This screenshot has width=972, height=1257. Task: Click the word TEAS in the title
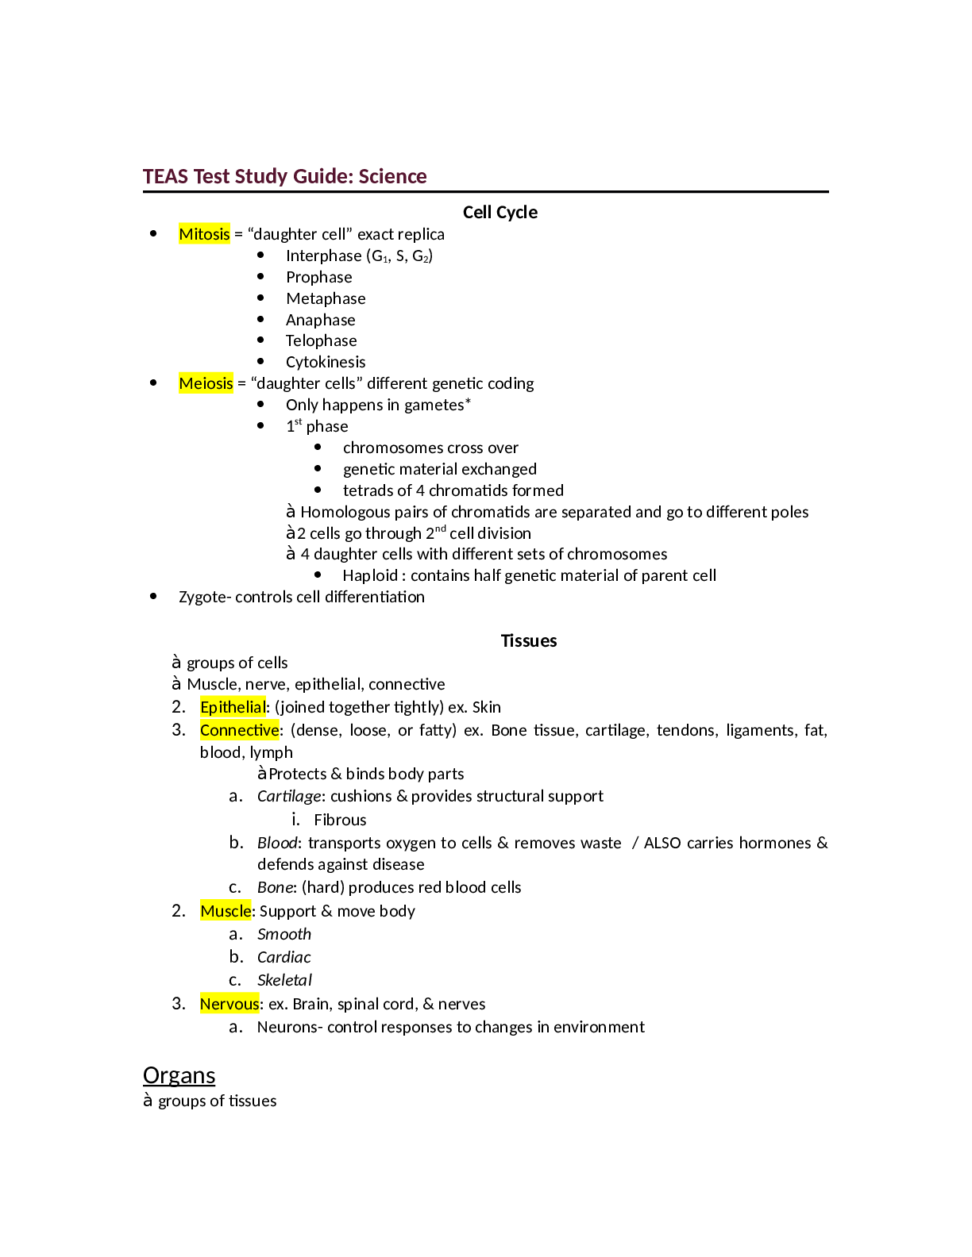click(x=166, y=176)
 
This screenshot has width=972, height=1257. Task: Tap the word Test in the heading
click(x=211, y=176)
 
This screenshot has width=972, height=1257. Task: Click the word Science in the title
click(x=392, y=176)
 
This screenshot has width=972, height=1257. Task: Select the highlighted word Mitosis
click(x=204, y=234)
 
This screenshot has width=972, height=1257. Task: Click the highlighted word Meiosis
click(x=206, y=383)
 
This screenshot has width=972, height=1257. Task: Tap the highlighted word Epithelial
click(x=233, y=707)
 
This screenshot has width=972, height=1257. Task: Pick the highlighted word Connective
click(x=239, y=730)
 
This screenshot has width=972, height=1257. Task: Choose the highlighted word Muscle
click(x=226, y=911)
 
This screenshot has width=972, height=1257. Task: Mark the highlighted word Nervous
click(x=229, y=1004)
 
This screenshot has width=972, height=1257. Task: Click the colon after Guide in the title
click(x=352, y=178)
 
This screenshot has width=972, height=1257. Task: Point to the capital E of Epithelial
click(x=205, y=707)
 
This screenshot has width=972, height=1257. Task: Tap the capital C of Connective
click(x=205, y=730)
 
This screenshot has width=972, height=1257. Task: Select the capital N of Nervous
click(x=206, y=1004)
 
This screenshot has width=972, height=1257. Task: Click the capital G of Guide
click(x=300, y=176)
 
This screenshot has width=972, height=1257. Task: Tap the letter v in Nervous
click(x=229, y=1005)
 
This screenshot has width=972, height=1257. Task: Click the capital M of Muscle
click(x=207, y=911)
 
